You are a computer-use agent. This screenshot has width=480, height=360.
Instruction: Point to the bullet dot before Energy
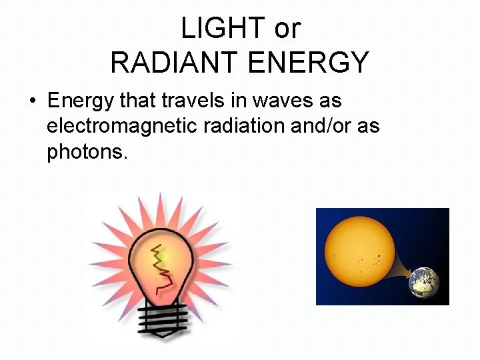(32, 102)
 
